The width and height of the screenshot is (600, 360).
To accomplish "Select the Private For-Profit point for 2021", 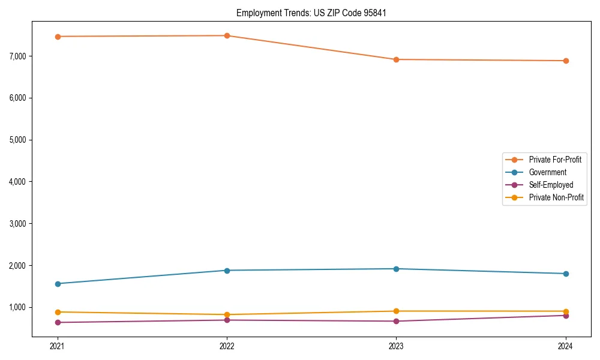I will [58, 37].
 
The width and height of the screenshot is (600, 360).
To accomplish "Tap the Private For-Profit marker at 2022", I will [227, 35].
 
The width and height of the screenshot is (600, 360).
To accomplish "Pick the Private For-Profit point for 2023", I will [397, 59].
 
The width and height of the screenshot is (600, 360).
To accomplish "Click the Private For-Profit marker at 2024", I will [566, 61].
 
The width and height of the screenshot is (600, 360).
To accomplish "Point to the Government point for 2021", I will [58, 284].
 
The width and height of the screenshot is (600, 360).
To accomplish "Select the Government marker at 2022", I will [227, 271].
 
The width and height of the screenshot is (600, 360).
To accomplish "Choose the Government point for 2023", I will [397, 269].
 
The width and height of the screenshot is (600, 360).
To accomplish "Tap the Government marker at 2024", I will [566, 274].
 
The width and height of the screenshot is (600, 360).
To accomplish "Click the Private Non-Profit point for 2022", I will [227, 314].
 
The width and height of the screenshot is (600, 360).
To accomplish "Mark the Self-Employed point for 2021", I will [58, 322].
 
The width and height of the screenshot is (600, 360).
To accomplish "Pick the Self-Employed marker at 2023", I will [397, 321].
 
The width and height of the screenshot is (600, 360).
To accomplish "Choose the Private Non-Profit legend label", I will [556, 197].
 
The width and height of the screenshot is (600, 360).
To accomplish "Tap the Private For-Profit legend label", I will [555, 160].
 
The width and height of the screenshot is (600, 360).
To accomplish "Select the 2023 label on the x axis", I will [397, 346].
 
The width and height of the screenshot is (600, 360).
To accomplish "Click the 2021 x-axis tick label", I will [58, 346].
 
